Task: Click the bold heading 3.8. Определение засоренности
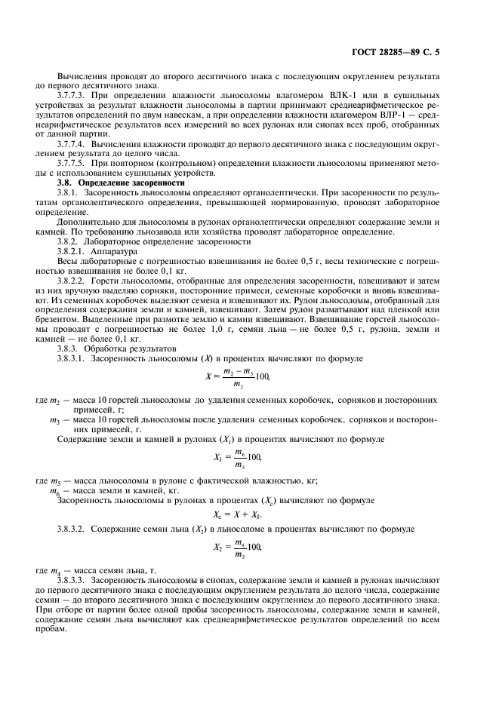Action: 121,183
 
